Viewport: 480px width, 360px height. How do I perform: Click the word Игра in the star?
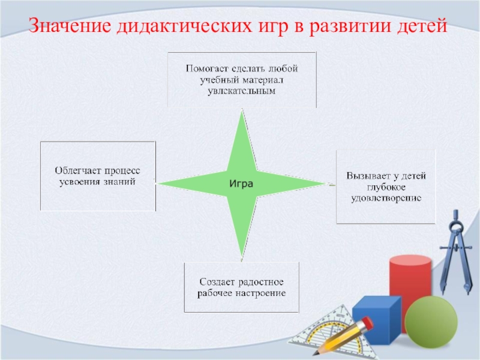[x=242, y=183]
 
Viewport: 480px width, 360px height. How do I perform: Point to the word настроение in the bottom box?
[x=260, y=293]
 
